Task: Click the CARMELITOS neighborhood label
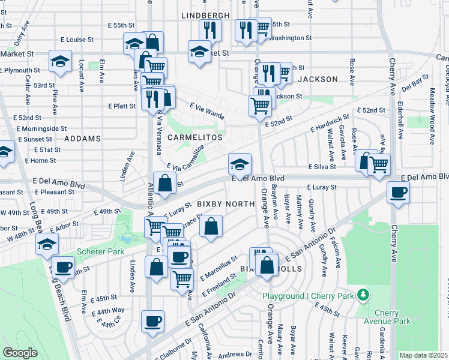pyautogui.click(x=194, y=137)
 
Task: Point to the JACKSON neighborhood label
pyautogui.click(x=318, y=79)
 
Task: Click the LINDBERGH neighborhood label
pyautogui.click(x=205, y=14)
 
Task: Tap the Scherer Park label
pyautogui.click(x=96, y=251)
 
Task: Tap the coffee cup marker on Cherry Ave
pyautogui.click(x=398, y=193)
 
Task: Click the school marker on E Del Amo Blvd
pyautogui.click(x=239, y=164)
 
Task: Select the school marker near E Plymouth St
pyautogui.click(x=60, y=62)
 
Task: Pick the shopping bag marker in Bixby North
pyautogui.click(x=211, y=226)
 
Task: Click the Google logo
pyautogui.click(x=20, y=353)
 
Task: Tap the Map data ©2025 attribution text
pyautogui.click(x=423, y=355)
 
